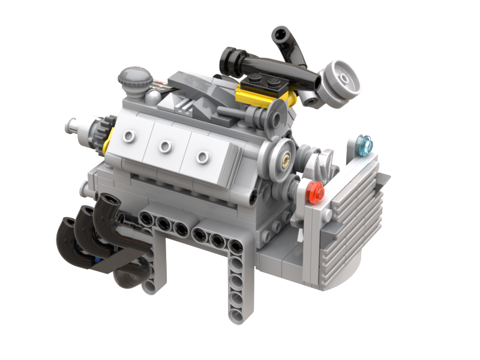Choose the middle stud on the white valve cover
coord(164,146)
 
